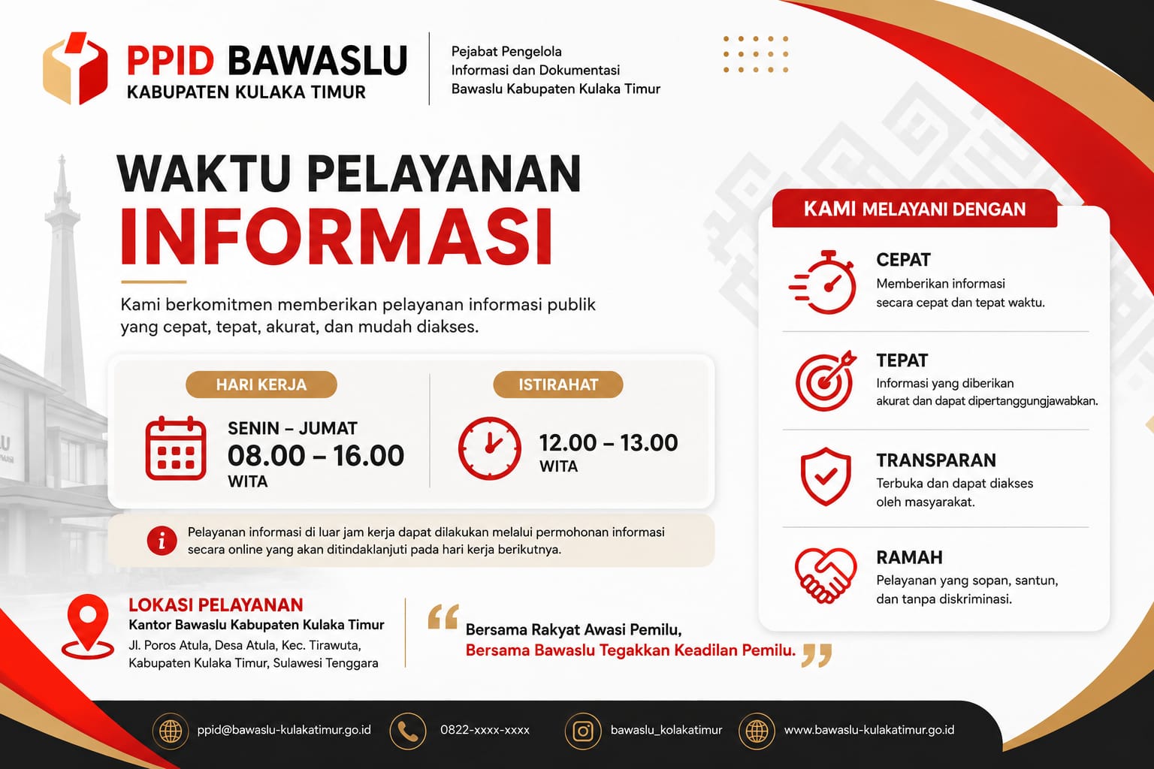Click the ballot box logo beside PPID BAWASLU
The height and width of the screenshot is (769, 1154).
click(75, 68)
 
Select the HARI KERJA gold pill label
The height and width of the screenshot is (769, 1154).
click(261, 384)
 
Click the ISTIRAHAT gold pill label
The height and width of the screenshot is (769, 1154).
click(558, 384)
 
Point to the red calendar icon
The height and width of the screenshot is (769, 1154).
click(176, 448)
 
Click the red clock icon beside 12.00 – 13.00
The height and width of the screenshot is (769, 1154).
click(489, 448)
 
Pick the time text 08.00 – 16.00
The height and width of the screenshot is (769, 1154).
click(316, 455)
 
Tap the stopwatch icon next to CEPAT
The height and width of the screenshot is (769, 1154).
click(823, 282)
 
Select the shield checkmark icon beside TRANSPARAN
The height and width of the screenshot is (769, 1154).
click(826, 476)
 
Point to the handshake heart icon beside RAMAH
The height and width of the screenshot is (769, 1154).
click(826, 574)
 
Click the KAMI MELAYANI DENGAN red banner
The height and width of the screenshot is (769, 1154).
click(914, 209)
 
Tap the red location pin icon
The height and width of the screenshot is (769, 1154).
click(88, 626)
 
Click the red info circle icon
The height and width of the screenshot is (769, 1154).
click(162, 541)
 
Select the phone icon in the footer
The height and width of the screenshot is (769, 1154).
click(408, 731)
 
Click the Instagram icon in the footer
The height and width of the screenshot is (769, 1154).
click(583, 731)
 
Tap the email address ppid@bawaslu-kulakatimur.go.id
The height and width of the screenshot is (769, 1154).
click(284, 731)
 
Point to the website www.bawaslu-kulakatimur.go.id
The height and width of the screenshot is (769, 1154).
click(869, 731)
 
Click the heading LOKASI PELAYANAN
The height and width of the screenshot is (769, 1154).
click(216, 605)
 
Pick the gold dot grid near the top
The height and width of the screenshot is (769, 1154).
click(756, 54)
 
